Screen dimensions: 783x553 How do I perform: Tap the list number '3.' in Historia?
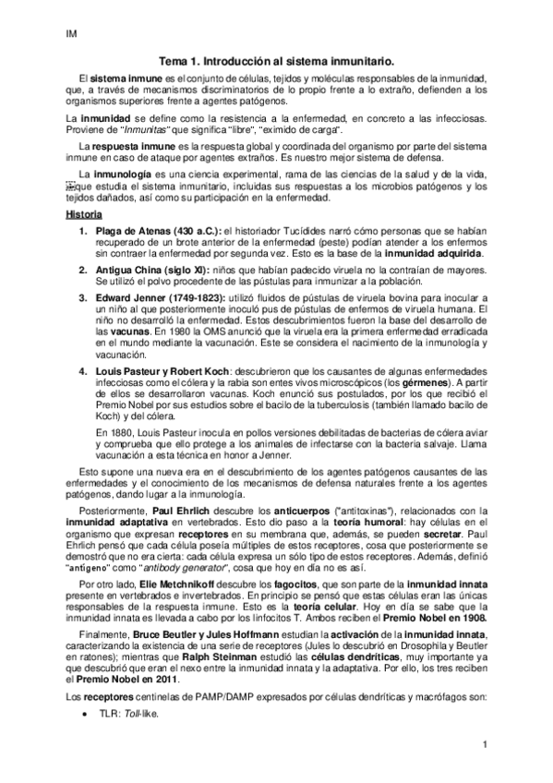tap(83, 297)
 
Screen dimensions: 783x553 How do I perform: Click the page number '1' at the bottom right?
tap(484, 743)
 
